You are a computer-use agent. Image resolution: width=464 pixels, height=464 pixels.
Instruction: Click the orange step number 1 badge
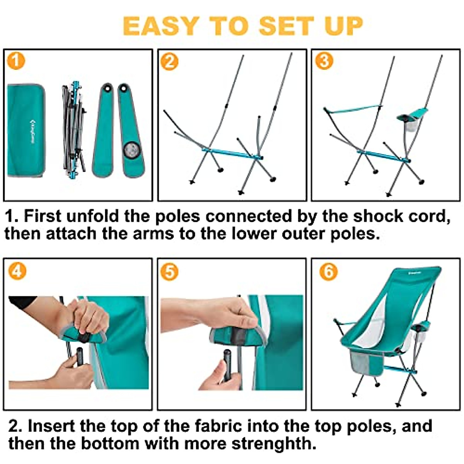pos(16,61)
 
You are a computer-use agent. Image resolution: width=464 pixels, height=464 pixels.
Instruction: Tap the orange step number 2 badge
pos(169,61)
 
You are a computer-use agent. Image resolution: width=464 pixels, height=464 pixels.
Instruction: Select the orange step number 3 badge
pos(324,61)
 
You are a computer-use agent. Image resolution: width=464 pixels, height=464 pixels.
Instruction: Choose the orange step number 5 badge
pos(169,272)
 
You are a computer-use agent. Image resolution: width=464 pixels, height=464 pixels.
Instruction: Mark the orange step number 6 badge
pos(328,271)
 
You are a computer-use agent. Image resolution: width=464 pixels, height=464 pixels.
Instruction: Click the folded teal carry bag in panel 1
pos(26,131)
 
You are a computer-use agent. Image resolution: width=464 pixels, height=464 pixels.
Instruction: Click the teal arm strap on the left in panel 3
pos(352,109)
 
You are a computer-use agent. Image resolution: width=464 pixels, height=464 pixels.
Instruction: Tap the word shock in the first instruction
pos(374,216)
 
